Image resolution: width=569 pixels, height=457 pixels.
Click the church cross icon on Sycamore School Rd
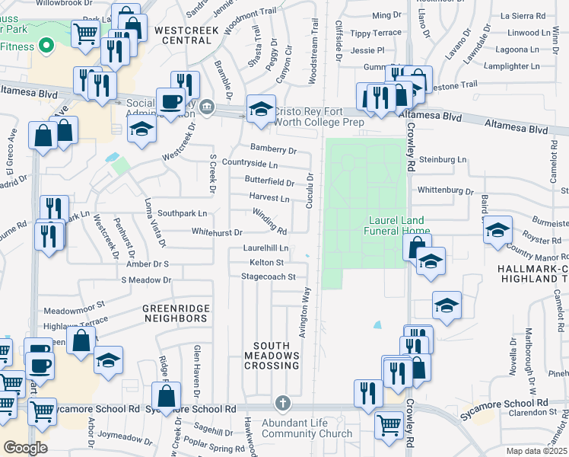(282, 402)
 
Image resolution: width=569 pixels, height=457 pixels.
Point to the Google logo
(25, 448)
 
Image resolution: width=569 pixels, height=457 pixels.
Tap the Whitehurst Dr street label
(217, 232)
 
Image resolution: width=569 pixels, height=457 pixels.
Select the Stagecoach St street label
(268, 276)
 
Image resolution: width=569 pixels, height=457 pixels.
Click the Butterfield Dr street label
(269, 182)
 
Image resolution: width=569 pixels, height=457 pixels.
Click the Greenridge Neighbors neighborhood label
(175, 312)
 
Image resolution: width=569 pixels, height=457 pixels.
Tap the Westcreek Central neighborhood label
(186, 35)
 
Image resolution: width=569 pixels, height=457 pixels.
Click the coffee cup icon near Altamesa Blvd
(171, 101)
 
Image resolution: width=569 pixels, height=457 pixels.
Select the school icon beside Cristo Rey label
(261, 110)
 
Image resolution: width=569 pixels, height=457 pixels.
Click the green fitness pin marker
(46, 45)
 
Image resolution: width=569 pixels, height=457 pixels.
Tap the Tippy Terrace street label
(375, 34)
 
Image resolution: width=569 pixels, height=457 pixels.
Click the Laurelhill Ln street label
(265, 248)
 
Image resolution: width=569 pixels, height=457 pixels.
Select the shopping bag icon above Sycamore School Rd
(165, 395)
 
